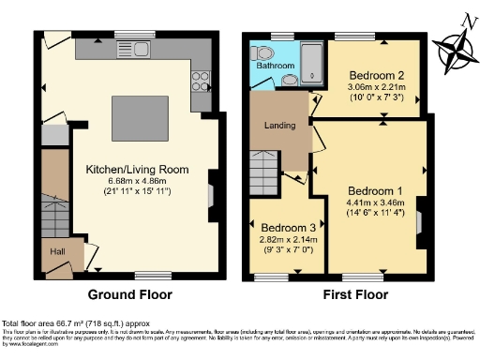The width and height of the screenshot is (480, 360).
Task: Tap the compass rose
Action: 457,50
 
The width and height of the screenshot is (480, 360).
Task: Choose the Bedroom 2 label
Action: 376,75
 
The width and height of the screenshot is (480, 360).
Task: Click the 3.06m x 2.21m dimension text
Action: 377,87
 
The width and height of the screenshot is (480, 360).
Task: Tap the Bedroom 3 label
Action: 287,228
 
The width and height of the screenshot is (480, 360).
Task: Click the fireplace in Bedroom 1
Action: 419,222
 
